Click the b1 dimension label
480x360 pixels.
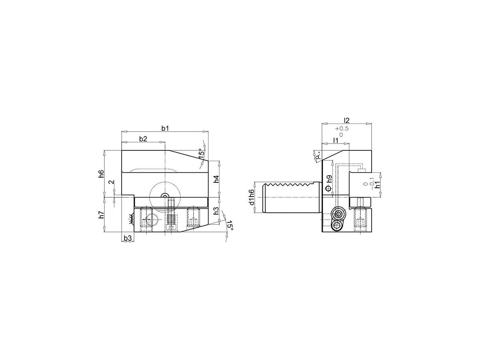[x=165, y=128]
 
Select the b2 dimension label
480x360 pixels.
[x=143, y=139]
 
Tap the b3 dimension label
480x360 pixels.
[x=128, y=238]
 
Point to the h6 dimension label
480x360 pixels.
[x=101, y=174]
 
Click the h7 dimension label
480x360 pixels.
[x=101, y=215]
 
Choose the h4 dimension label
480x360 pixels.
[x=216, y=179]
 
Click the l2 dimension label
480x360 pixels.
[x=347, y=120]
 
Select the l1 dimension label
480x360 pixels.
[x=336, y=140]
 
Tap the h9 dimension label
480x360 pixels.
[x=330, y=179]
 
